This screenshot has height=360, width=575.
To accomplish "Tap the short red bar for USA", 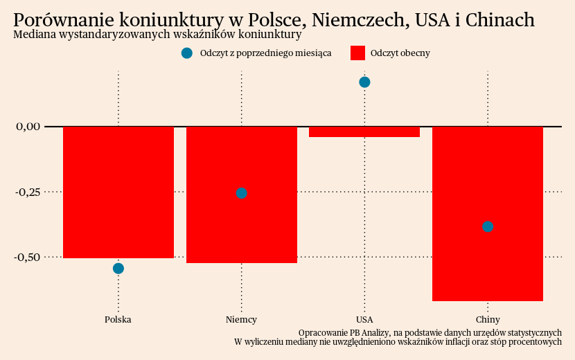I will point(364,132).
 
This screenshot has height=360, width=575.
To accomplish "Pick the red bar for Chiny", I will point(487,180).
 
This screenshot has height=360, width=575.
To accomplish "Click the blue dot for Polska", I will point(118,269).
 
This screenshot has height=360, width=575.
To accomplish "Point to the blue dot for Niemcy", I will point(241,193).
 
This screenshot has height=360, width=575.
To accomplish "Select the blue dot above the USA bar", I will point(364,82).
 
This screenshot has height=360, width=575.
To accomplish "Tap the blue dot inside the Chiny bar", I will point(487,226).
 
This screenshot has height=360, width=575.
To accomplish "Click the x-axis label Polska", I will point(118,320).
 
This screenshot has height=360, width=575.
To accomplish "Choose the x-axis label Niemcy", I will point(241,320).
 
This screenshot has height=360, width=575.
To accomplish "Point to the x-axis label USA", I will point(364,320).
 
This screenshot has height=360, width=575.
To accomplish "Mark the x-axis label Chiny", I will point(487,320).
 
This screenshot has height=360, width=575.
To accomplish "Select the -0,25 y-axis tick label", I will point(28,192).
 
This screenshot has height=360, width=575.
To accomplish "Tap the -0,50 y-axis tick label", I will point(28,257).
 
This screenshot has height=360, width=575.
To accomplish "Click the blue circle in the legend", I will point(186,53).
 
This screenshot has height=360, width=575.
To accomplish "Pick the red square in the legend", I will point(357,53).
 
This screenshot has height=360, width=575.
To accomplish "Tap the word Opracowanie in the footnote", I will point(327,332).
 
